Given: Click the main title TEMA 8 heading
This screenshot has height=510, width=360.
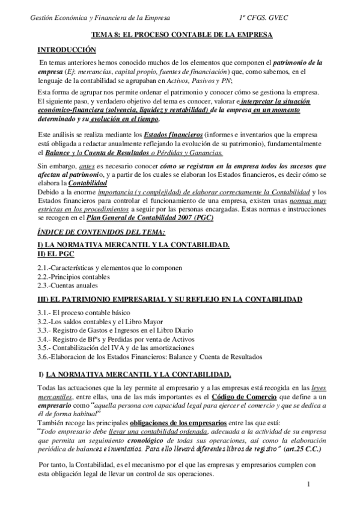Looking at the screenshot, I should click(x=181, y=35).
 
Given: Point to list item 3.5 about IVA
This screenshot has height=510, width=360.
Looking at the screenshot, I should click(x=115, y=348).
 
